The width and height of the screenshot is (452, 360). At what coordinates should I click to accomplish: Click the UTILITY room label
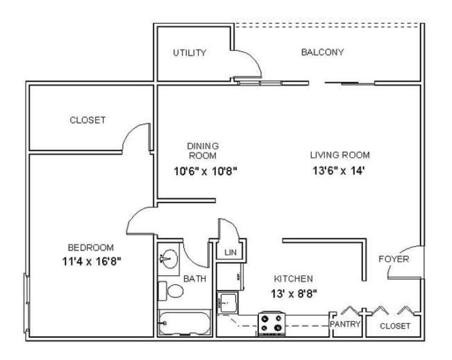[x=189, y=53]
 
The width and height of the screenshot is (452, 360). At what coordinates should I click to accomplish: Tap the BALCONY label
[x=322, y=52]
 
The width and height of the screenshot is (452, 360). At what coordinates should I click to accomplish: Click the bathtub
[x=185, y=324]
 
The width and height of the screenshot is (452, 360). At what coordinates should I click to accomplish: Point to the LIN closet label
[x=230, y=252]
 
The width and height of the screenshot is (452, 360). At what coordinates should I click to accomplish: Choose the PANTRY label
[x=345, y=324]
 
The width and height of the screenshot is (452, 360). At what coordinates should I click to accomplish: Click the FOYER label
[x=393, y=260]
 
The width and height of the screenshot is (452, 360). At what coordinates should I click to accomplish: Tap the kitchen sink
[x=228, y=302]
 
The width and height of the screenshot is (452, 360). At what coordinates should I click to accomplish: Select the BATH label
[x=194, y=279]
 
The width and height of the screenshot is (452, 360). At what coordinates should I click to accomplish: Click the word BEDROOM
[x=90, y=247]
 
